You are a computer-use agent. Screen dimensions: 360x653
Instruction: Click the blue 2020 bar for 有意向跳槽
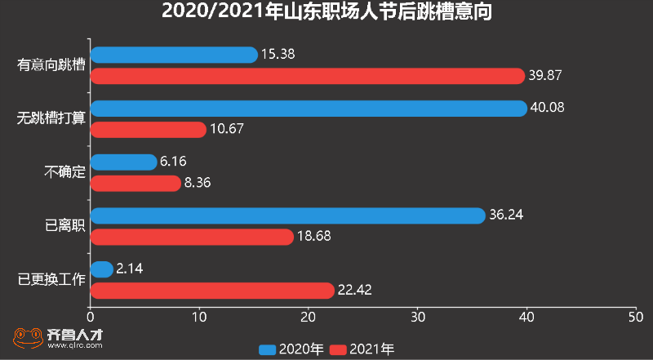174,55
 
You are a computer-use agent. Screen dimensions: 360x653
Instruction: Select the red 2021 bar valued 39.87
307,76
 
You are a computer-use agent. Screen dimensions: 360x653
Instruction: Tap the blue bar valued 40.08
309,108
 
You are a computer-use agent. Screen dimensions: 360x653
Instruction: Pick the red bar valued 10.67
148,129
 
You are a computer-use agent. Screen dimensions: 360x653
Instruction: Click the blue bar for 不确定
123,162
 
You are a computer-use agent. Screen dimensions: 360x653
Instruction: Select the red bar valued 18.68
192,237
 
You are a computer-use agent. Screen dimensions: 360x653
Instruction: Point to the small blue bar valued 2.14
102,269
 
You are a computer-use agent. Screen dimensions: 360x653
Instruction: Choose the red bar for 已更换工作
212,290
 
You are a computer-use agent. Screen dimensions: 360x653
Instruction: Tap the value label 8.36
198,184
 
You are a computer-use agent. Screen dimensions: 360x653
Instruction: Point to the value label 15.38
278,55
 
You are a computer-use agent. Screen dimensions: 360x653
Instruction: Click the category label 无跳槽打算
51,118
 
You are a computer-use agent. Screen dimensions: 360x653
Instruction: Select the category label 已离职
65,226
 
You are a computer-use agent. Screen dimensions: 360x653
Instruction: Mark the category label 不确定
65,172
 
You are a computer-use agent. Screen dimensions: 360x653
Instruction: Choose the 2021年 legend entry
362,349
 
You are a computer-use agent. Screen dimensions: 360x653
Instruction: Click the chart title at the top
326,12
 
